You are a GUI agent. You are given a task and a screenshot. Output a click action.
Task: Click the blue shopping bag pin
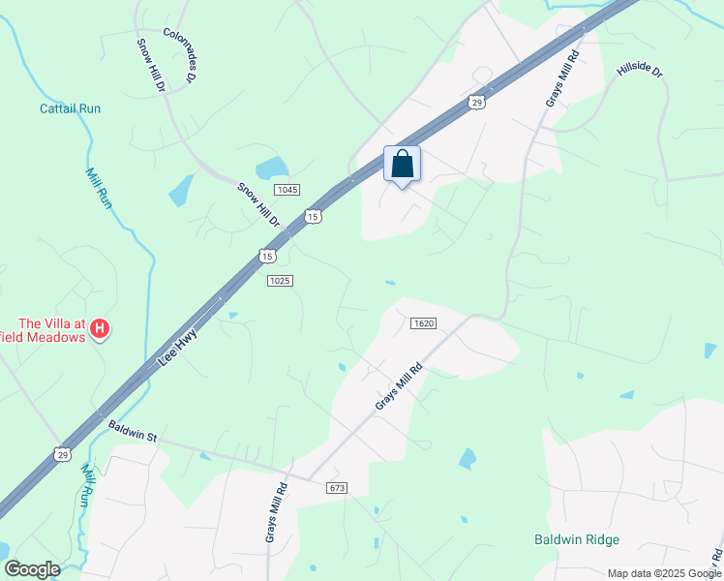click(x=403, y=164)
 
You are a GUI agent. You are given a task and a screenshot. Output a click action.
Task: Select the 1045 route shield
click(x=285, y=189)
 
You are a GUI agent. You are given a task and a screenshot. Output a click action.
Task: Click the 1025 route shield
click(x=279, y=280)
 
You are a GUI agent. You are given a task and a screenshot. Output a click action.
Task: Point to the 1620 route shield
click(x=422, y=322)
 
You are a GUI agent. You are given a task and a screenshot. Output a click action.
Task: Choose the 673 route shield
click(x=337, y=487)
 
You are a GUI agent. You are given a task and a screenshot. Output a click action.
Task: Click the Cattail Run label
click(x=70, y=108)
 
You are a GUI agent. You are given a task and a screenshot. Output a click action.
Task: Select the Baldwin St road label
click(x=133, y=431)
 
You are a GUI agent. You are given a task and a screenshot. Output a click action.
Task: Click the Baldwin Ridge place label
click(x=576, y=539)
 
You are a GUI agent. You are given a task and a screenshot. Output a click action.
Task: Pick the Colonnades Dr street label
click(x=179, y=55)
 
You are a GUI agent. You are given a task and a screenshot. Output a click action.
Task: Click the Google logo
click(x=32, y=569)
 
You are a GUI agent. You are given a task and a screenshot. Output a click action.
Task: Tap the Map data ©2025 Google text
click(x=663, y=573)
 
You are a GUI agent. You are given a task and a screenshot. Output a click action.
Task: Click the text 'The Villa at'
click(x=54, y=323)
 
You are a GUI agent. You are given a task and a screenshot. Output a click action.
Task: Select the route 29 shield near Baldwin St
click(x=62, y=453)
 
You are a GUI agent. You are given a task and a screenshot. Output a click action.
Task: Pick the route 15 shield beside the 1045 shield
click(x=313, y=216)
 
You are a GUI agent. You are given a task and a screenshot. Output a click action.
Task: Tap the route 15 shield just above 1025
click(x=267, y=256)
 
